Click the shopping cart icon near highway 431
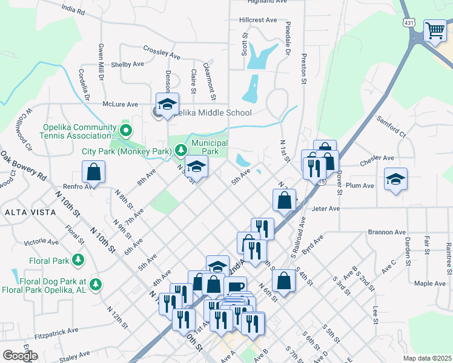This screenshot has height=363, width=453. [435, 30]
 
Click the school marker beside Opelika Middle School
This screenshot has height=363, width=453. [168, 105]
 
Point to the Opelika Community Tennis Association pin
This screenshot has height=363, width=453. [126, 129]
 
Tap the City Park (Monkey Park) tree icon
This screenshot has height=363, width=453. [180, 150]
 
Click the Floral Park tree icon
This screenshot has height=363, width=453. [78, 260]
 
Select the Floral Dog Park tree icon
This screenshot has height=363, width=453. [95, 283]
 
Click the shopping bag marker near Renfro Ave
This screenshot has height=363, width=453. [94, 172]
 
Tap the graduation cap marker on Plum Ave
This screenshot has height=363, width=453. [395, 179]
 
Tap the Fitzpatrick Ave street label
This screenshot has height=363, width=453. [56, 332]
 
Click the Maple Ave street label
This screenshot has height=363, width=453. [429, 283]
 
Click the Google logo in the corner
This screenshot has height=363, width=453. [20, 356]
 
